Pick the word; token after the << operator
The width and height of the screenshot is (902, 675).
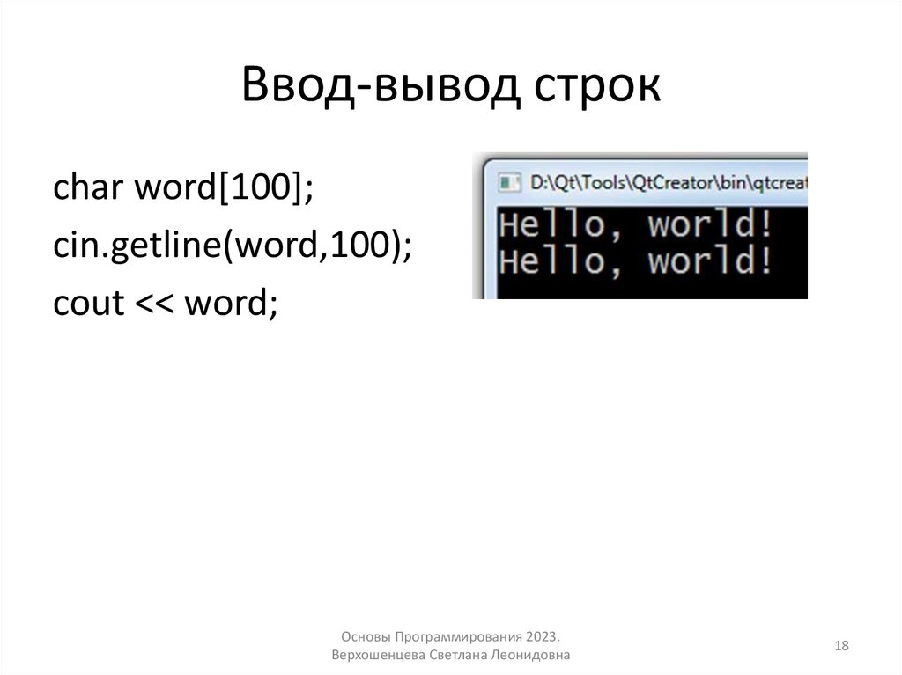click(x=230, y=304)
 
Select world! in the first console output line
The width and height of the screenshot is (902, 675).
click(x=712, y=225)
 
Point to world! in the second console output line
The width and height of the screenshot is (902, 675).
click(x=712, y=261)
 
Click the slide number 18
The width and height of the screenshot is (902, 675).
click(x=841, y=647)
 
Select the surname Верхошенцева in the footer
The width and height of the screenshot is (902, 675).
click(x=377, y=656)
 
